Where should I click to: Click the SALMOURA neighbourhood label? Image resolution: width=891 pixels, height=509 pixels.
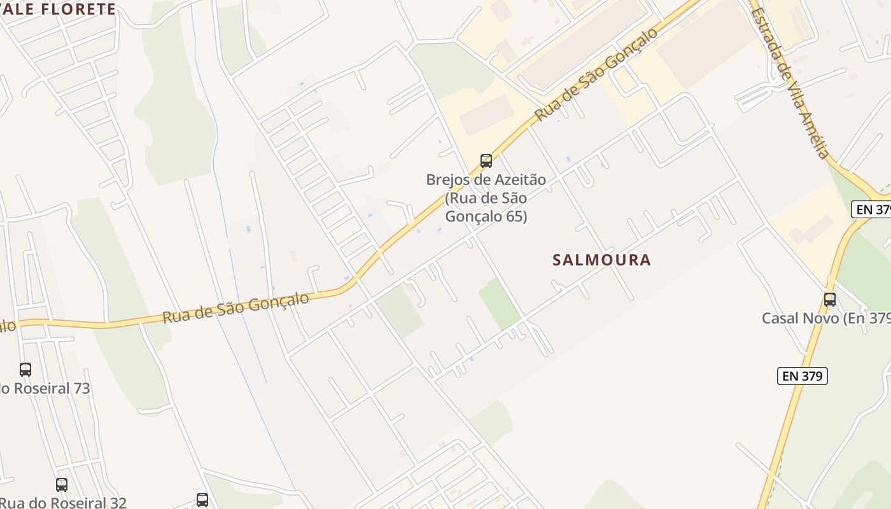tap(601, 260)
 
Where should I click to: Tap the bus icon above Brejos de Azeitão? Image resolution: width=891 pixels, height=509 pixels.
tap(486, 161)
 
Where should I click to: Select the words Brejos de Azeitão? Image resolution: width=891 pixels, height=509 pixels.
tap(486, 180)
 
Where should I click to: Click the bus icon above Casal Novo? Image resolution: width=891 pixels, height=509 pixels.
tap(829, 299)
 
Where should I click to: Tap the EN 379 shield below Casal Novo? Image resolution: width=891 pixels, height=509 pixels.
tap(803, 376)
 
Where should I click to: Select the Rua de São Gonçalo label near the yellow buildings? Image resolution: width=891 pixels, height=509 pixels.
tap(596, 75)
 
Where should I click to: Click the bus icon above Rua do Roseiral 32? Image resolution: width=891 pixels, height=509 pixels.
tap(62, 485)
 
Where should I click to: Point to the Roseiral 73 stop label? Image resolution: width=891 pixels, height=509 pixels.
tap(45, 388)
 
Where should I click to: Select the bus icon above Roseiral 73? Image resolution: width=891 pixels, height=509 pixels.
tap(25, 369)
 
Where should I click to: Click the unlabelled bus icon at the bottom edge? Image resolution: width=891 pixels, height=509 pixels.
tap(202, 500)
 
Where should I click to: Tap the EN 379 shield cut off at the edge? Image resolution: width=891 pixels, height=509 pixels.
tap(871, 209)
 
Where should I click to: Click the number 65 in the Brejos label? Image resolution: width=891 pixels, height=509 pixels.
tap(516, 216)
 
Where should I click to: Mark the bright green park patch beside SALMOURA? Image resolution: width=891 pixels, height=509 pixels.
tap(499, 304)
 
